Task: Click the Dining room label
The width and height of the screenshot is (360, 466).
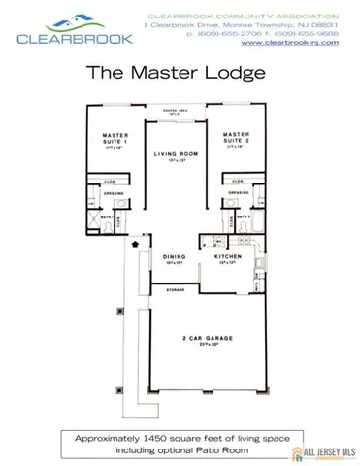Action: [172, 257]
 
